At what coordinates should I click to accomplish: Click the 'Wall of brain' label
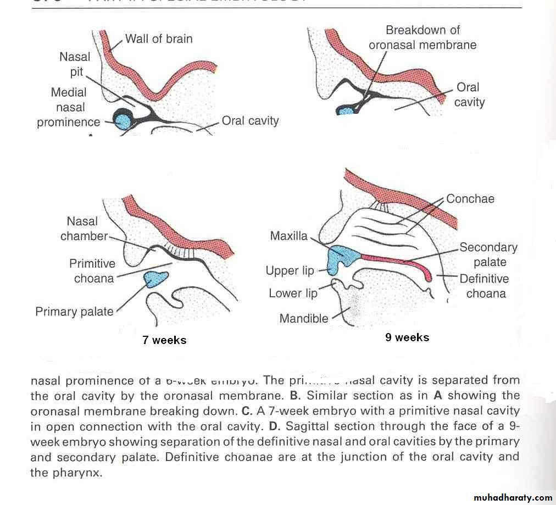click(158, 39)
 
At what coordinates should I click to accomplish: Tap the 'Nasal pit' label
click(75, 64)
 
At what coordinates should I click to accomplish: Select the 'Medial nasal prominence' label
click(69, 107)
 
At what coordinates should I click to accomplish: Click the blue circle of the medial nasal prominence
click(123, 118)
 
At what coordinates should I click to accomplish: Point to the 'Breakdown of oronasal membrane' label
click(422, 37)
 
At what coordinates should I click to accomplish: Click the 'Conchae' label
click(470, 199)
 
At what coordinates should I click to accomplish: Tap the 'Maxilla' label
click(288, 236)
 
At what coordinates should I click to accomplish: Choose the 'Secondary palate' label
click(488, 255)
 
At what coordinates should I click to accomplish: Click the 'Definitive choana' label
click(484, 286)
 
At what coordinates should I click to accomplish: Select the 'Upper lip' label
click(290, 271)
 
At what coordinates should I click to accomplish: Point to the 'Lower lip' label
click(293, 293)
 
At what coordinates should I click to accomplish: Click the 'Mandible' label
click(303, 318)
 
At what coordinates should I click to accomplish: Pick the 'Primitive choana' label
click(92, 271)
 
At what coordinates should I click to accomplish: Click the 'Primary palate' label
click(74, 312)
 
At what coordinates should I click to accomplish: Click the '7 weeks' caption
click(164, 340)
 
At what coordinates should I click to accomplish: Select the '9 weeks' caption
click(407, 337)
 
